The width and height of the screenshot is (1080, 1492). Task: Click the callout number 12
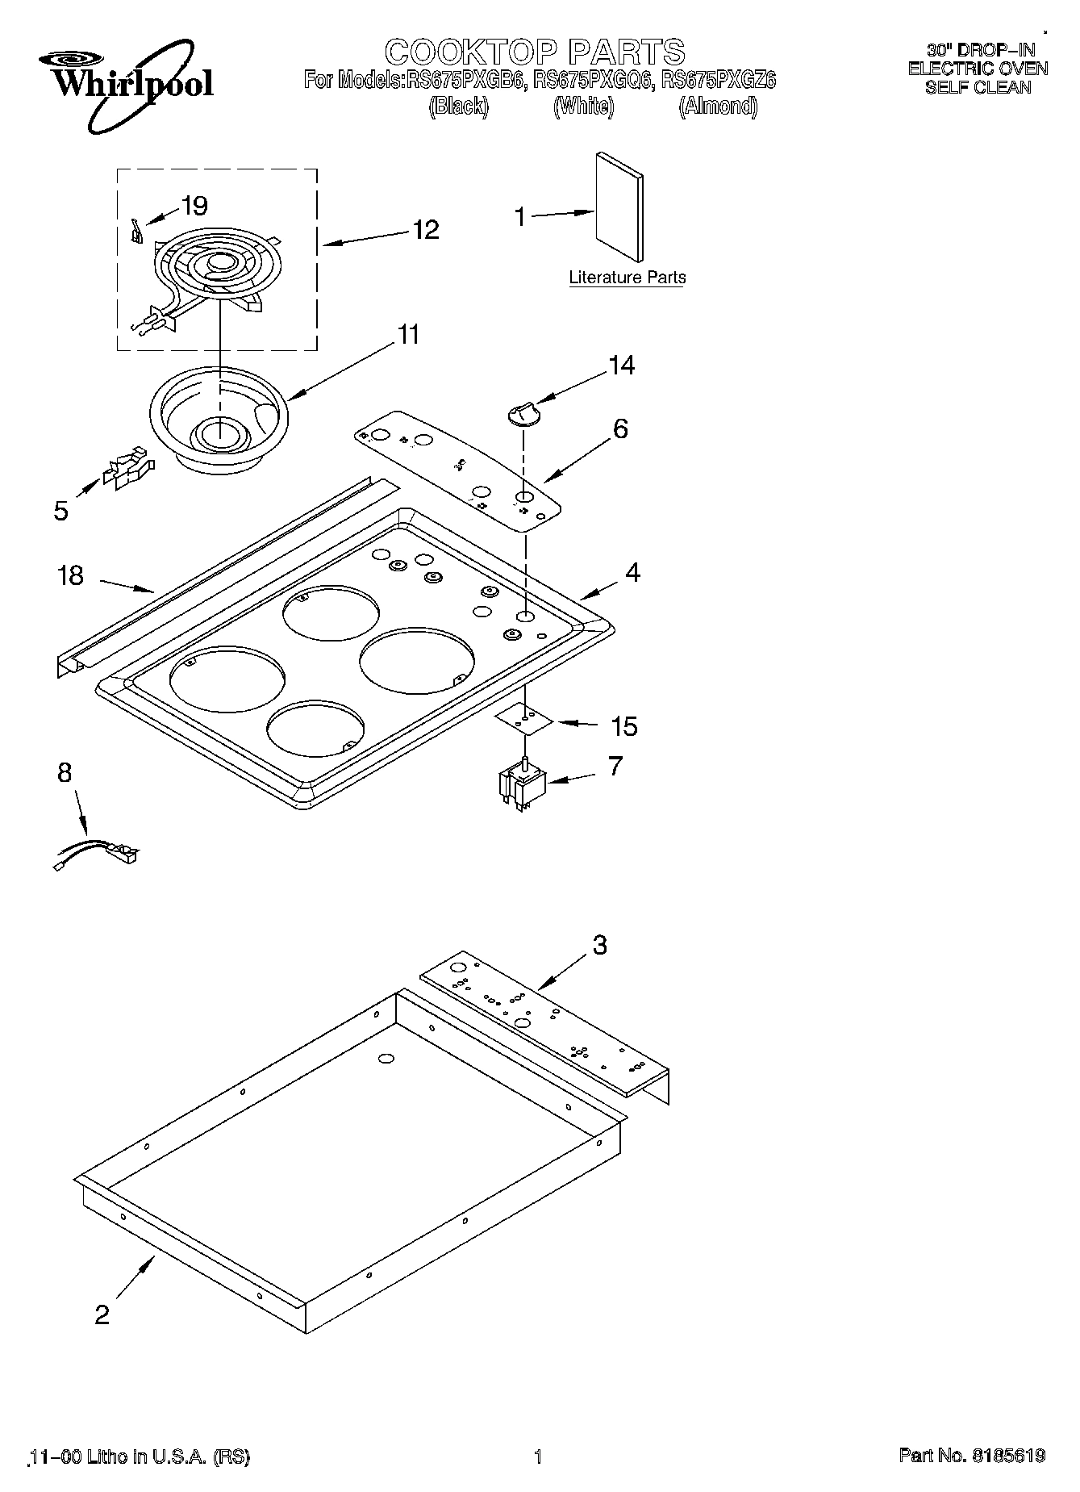click(425, 230)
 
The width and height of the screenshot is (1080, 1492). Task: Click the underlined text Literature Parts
click(627, 278)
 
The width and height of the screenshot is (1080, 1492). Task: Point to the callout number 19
click(194, 206)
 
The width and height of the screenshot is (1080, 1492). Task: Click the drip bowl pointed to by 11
click(218, 420)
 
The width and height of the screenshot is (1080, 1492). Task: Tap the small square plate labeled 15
click(524, 717)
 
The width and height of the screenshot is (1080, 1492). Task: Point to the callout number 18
click(71, 575)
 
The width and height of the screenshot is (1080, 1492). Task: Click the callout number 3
click(599, 945)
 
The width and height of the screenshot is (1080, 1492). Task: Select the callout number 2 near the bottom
click(102, 1315)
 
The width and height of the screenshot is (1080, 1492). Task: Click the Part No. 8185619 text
click(972, 1456)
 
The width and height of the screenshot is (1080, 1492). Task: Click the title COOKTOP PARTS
click(535, 52)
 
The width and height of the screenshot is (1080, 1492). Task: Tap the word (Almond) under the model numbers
click(718, 106)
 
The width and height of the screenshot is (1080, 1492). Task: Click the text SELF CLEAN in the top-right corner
click(978, 87)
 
